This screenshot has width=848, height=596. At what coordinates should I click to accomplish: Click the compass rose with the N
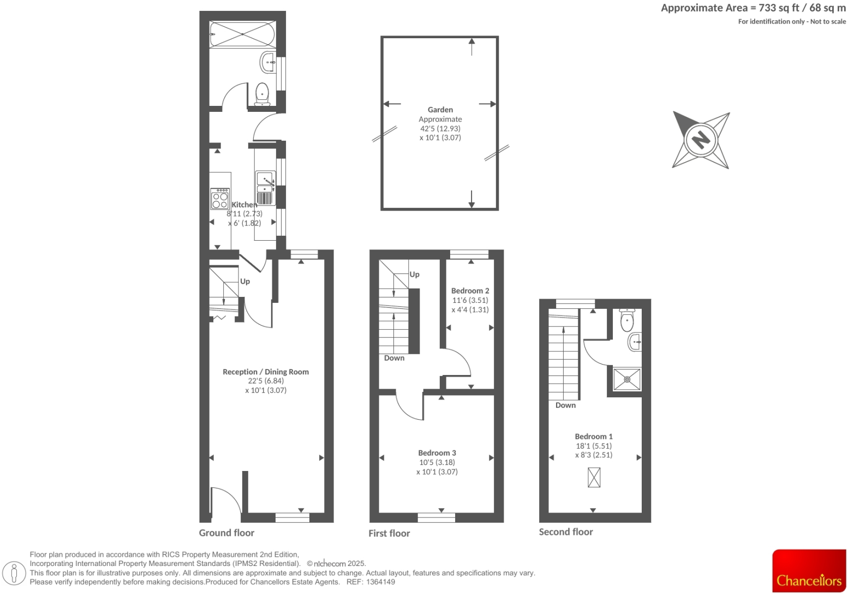701,139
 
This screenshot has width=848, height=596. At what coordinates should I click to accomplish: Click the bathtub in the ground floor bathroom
242,34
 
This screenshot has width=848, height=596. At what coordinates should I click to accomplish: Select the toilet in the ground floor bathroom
262,93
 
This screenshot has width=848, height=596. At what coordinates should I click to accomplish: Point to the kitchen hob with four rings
220,199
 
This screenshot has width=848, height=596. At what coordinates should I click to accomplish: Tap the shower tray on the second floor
627,379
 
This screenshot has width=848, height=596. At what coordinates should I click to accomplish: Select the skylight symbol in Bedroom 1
594,478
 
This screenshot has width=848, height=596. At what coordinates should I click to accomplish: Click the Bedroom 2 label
470,291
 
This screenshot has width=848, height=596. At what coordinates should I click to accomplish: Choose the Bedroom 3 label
437,453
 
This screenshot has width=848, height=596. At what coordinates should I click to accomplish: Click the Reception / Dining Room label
266,372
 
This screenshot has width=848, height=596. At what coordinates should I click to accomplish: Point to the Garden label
440,110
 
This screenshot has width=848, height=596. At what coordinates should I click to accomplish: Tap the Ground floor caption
226,533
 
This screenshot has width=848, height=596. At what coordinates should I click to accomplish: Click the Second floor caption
566,532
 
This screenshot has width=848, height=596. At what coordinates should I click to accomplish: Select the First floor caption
389,533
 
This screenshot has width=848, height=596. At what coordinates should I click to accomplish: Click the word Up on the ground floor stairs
245,282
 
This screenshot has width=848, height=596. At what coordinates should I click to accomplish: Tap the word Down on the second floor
565,405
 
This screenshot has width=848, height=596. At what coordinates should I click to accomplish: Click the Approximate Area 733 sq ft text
753,8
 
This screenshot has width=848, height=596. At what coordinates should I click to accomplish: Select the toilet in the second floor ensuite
627,320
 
